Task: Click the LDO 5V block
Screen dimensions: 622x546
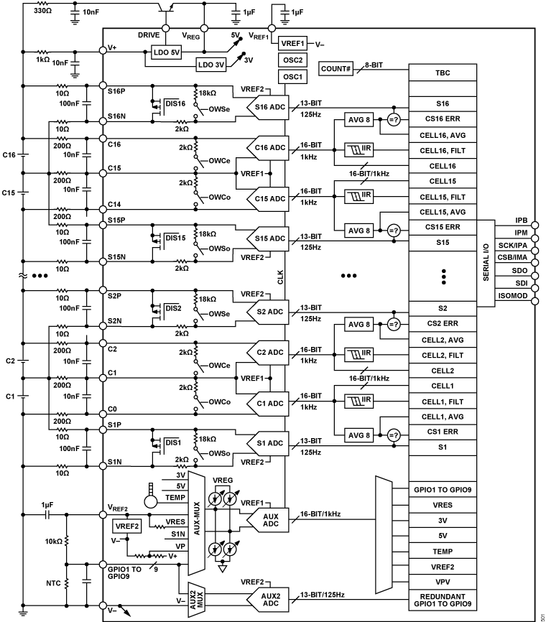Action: point(167,52)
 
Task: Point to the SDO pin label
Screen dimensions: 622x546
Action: point(520,270)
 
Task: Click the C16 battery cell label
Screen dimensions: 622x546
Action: point(9,154)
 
